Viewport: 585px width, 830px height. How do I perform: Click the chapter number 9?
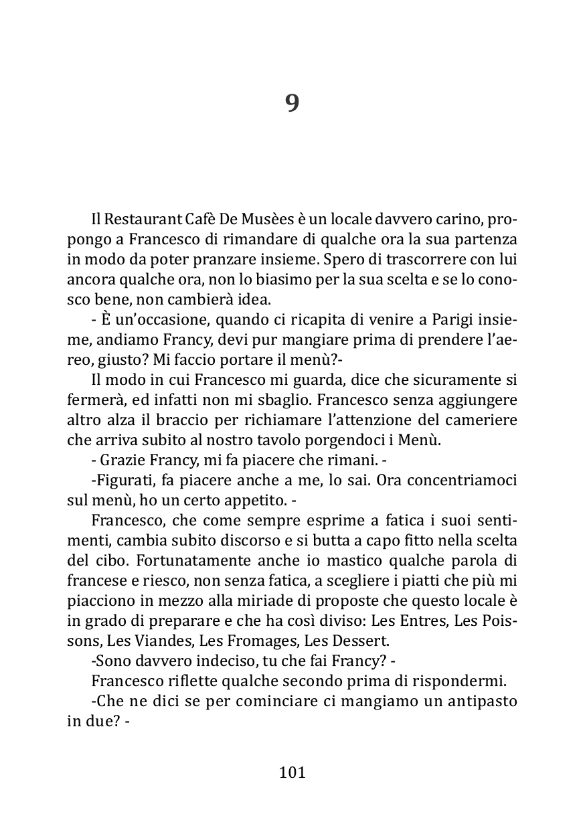[292, 104]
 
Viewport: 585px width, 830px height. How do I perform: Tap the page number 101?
[292, 772]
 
